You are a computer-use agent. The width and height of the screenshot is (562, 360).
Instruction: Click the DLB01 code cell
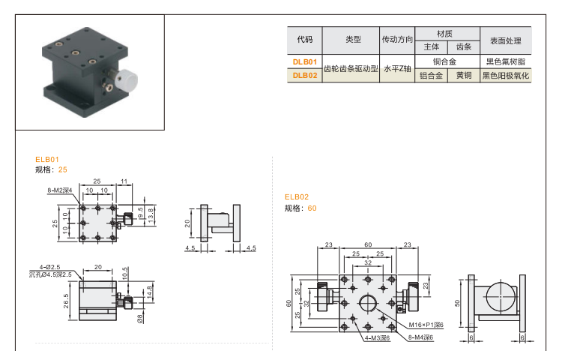coord(305,62)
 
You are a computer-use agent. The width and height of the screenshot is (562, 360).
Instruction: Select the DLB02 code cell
coord(305,75)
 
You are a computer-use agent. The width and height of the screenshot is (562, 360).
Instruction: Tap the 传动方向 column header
coord(397,38)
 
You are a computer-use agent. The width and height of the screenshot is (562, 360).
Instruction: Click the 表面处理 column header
coord(505,38)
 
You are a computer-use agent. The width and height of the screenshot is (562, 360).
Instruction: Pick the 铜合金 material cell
coord(445,62)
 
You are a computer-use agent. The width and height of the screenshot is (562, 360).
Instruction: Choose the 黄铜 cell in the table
coord(464,75)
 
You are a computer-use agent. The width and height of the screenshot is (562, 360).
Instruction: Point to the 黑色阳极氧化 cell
coord(505,75)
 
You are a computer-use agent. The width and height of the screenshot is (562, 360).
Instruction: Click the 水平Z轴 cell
coord(397,69)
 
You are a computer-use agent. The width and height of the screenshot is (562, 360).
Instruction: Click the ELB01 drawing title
coord(46,159)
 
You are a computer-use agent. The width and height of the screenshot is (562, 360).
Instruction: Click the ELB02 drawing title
coord(296,197)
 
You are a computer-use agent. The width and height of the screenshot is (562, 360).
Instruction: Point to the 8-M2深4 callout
coord(59,190)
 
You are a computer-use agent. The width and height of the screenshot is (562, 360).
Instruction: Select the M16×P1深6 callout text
coord(426,324)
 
